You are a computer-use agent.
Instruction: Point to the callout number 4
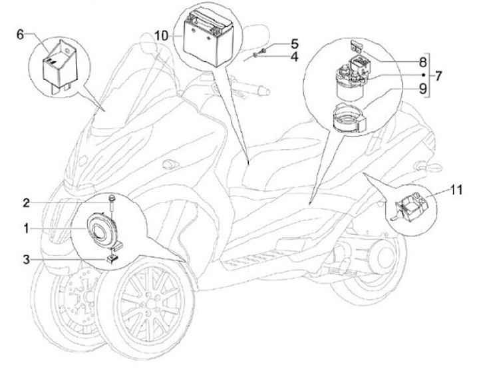pyautogui.click(x=294, y=57)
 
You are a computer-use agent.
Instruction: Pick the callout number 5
pyautogui.click(x=294, y=44)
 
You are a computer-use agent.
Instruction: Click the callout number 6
pyautogui.click(x=20, y=33)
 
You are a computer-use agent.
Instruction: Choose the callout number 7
pyautogui.click(x=439, y=75)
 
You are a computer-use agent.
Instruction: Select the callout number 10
pyautogui.click(x=162, y=35)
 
